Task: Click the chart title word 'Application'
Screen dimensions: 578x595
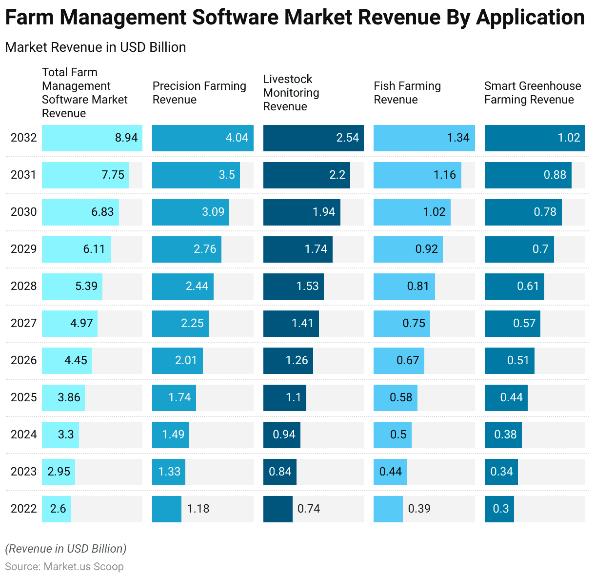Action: click(530, 18)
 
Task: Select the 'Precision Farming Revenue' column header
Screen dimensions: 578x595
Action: click(199, 93)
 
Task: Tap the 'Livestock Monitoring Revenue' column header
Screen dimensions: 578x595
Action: click(291, 93)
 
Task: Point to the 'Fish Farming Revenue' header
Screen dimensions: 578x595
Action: click(407, 93)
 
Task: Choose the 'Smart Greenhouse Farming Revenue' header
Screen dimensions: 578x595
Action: click(532, 93)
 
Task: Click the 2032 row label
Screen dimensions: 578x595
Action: click(23, 138)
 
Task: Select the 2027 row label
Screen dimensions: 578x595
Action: click(23, 323)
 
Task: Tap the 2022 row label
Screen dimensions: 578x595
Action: click(23, 509)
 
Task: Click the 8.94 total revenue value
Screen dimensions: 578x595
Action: click(126, 138)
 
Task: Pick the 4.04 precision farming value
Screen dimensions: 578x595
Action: click(237, 138)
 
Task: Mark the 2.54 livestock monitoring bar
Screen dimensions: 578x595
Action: click(313, 138)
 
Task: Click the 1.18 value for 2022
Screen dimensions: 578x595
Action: click(198, 509)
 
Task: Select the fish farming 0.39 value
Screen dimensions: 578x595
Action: click(419, 509)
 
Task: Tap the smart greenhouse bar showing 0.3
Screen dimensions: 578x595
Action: click(500, 509)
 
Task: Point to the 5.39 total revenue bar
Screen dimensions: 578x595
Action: click(72, 286)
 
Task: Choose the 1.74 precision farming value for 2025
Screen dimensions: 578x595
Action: click(179, 397)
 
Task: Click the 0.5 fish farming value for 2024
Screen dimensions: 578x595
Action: click(398, 434)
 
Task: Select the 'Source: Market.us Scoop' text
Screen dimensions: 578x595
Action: click(64, 567)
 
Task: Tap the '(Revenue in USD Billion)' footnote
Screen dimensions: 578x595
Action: click(66, 549)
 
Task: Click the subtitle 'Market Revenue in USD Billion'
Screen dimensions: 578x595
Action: click(96, 47)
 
